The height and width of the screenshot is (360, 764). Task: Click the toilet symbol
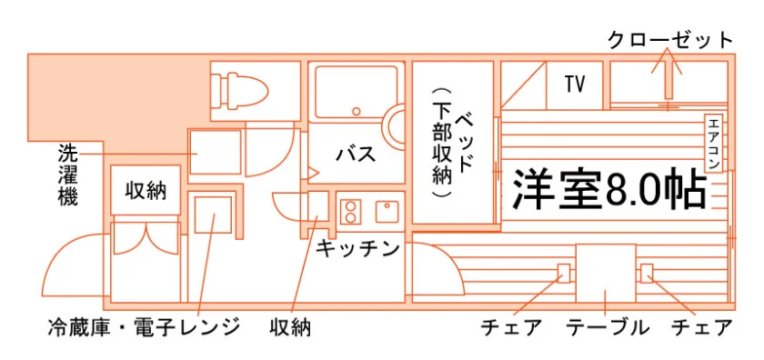coord(238,90)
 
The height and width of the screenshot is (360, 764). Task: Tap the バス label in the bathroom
coord(357,155)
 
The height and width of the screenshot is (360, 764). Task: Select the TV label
coord(575,85)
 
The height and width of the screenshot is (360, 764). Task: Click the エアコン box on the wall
coord(713,142)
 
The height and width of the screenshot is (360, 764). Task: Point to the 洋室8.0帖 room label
coord(609,188)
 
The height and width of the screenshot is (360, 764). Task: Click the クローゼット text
coord(670,40)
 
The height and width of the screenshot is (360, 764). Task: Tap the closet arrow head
coord(667,60)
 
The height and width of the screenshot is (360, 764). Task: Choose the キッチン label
coord(358,248)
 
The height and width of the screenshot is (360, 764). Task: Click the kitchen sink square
coord(387,212)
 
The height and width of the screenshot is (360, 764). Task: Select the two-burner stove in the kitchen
coord(349,212)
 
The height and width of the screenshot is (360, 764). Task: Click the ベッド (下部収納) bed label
coord(451,142)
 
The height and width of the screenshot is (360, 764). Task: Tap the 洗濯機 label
coord(67,175)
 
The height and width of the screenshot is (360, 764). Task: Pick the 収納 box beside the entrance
coord(146,190)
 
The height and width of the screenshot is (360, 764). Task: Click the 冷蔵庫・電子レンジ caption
coord(145,327)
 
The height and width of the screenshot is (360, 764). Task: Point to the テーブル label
coord(608,327)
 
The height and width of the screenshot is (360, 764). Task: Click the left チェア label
coord(511,327)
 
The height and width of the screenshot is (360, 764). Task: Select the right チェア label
coord(701,327)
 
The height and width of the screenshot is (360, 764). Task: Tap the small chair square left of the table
coord(563,273)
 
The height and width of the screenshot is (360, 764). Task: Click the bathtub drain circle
coord(357,111)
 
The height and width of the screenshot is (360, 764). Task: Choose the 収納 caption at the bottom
coord(290,327)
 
